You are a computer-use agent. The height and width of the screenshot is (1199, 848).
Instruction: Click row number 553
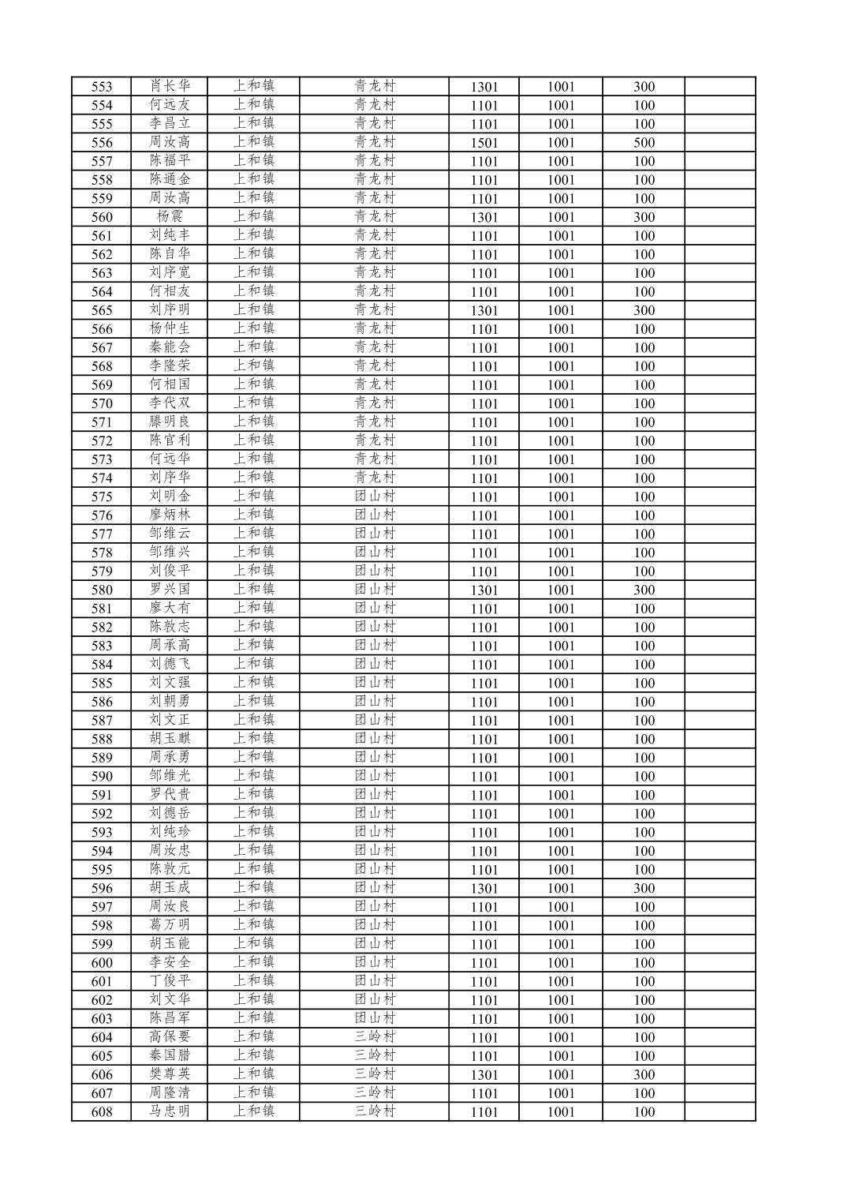[102, 87]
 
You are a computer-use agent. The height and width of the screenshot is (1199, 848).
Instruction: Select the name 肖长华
[170, 86]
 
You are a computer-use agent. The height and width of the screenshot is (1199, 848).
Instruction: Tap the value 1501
[484, 143]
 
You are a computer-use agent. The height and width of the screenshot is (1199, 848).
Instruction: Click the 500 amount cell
[644, 143]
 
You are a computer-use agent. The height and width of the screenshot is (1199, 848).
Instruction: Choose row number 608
[102, 1112]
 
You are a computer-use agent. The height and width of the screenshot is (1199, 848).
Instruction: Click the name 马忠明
[170, 1111]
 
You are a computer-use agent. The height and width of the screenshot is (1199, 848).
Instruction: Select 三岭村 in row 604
[374, 1037]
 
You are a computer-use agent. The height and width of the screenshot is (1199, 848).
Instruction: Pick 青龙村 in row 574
[374, 478]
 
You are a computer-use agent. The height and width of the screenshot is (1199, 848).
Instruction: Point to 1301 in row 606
[484, 1075]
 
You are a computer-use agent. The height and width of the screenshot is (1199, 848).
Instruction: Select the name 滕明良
[170, 422]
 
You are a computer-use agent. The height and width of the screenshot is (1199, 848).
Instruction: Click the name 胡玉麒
[170, 739]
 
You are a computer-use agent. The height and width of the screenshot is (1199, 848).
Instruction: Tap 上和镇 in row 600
[253, 962]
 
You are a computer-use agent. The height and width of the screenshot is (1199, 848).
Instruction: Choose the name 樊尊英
[170, 1074]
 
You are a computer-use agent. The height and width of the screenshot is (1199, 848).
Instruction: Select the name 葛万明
[170, 925]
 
